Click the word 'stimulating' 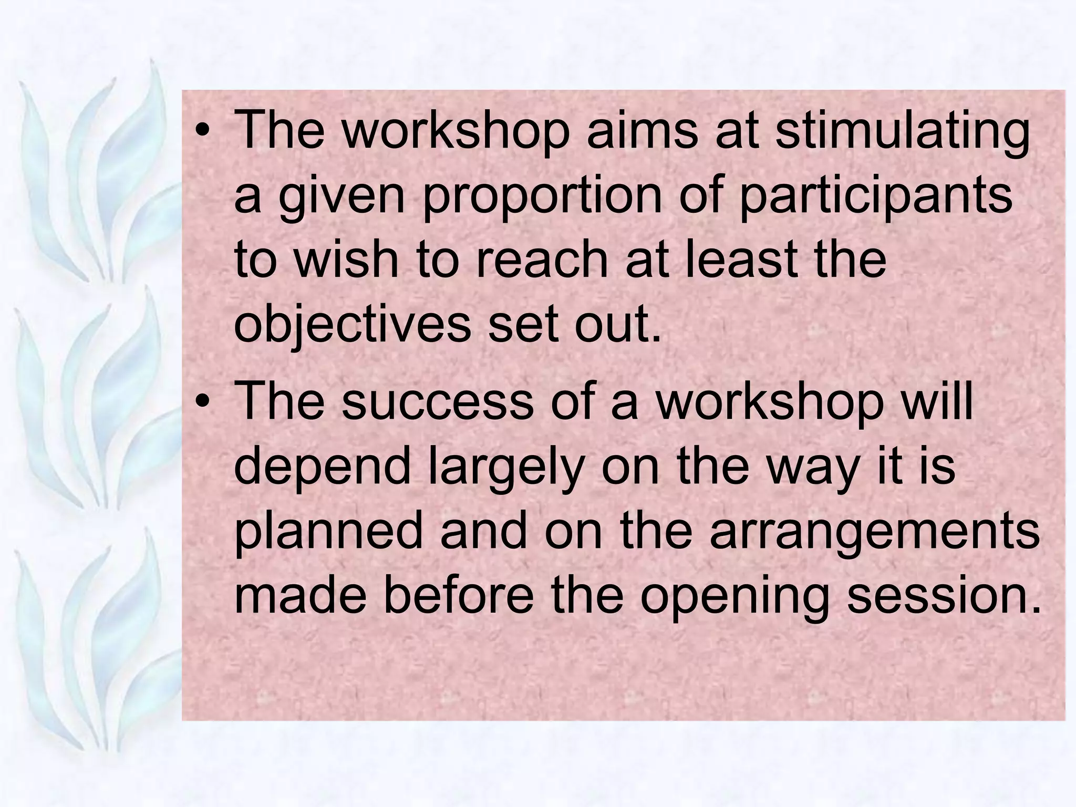coord(902,131)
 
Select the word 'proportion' coord(542,195)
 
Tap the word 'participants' coord(875,195)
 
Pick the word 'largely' coord(506,467)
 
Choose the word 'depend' coord(322,467)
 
